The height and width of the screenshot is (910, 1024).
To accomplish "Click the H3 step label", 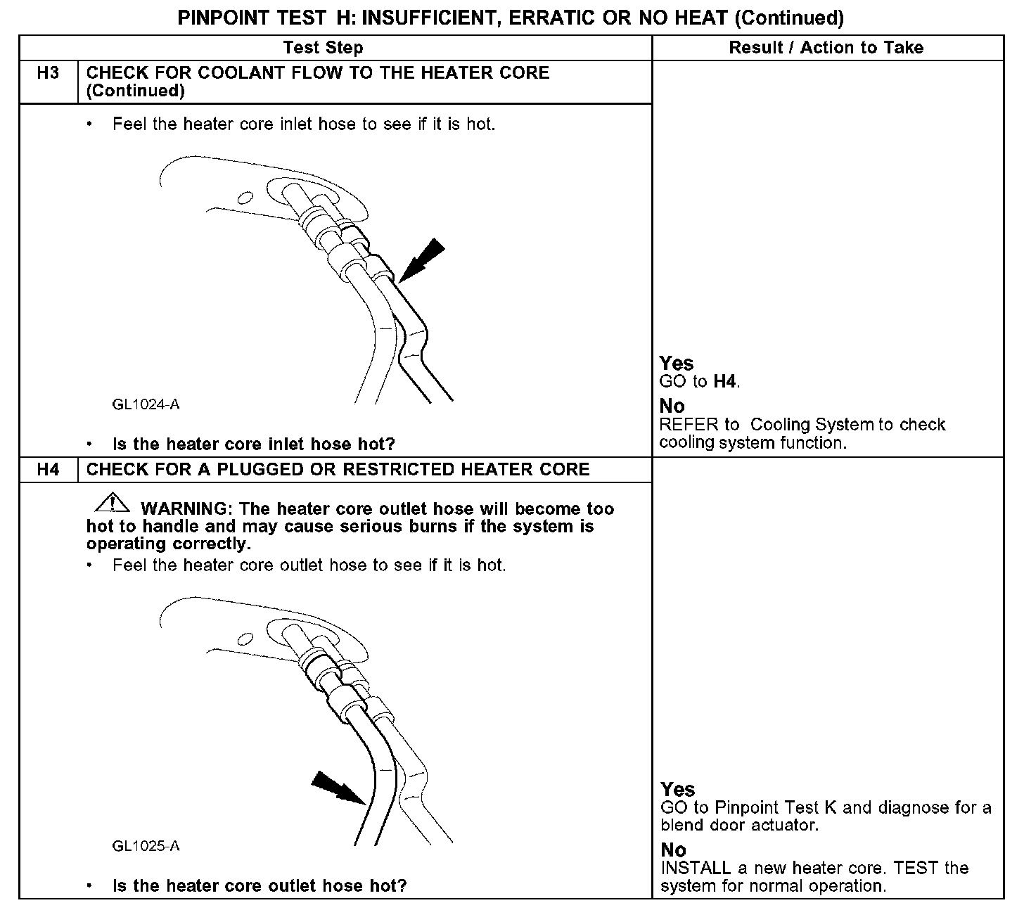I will point(48,73).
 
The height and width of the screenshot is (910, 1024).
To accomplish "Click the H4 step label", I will point(48,470).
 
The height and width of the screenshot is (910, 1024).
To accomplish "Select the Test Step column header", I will point(323,48).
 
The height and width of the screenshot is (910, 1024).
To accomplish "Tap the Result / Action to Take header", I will point(826,48).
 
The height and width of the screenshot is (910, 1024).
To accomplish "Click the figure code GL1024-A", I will point(146,404).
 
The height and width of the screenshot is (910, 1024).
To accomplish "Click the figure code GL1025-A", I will point(146,846).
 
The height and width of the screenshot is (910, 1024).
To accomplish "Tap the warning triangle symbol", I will point(111,504).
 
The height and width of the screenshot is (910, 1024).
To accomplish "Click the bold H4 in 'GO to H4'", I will point(725,382).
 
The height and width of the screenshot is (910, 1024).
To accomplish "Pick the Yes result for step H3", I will point(677,364).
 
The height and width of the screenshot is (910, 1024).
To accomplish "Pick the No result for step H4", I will point(673,850).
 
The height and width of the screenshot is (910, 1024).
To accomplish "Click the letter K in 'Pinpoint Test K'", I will point(830,807).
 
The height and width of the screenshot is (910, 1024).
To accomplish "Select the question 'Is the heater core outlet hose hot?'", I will point(260,886).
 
